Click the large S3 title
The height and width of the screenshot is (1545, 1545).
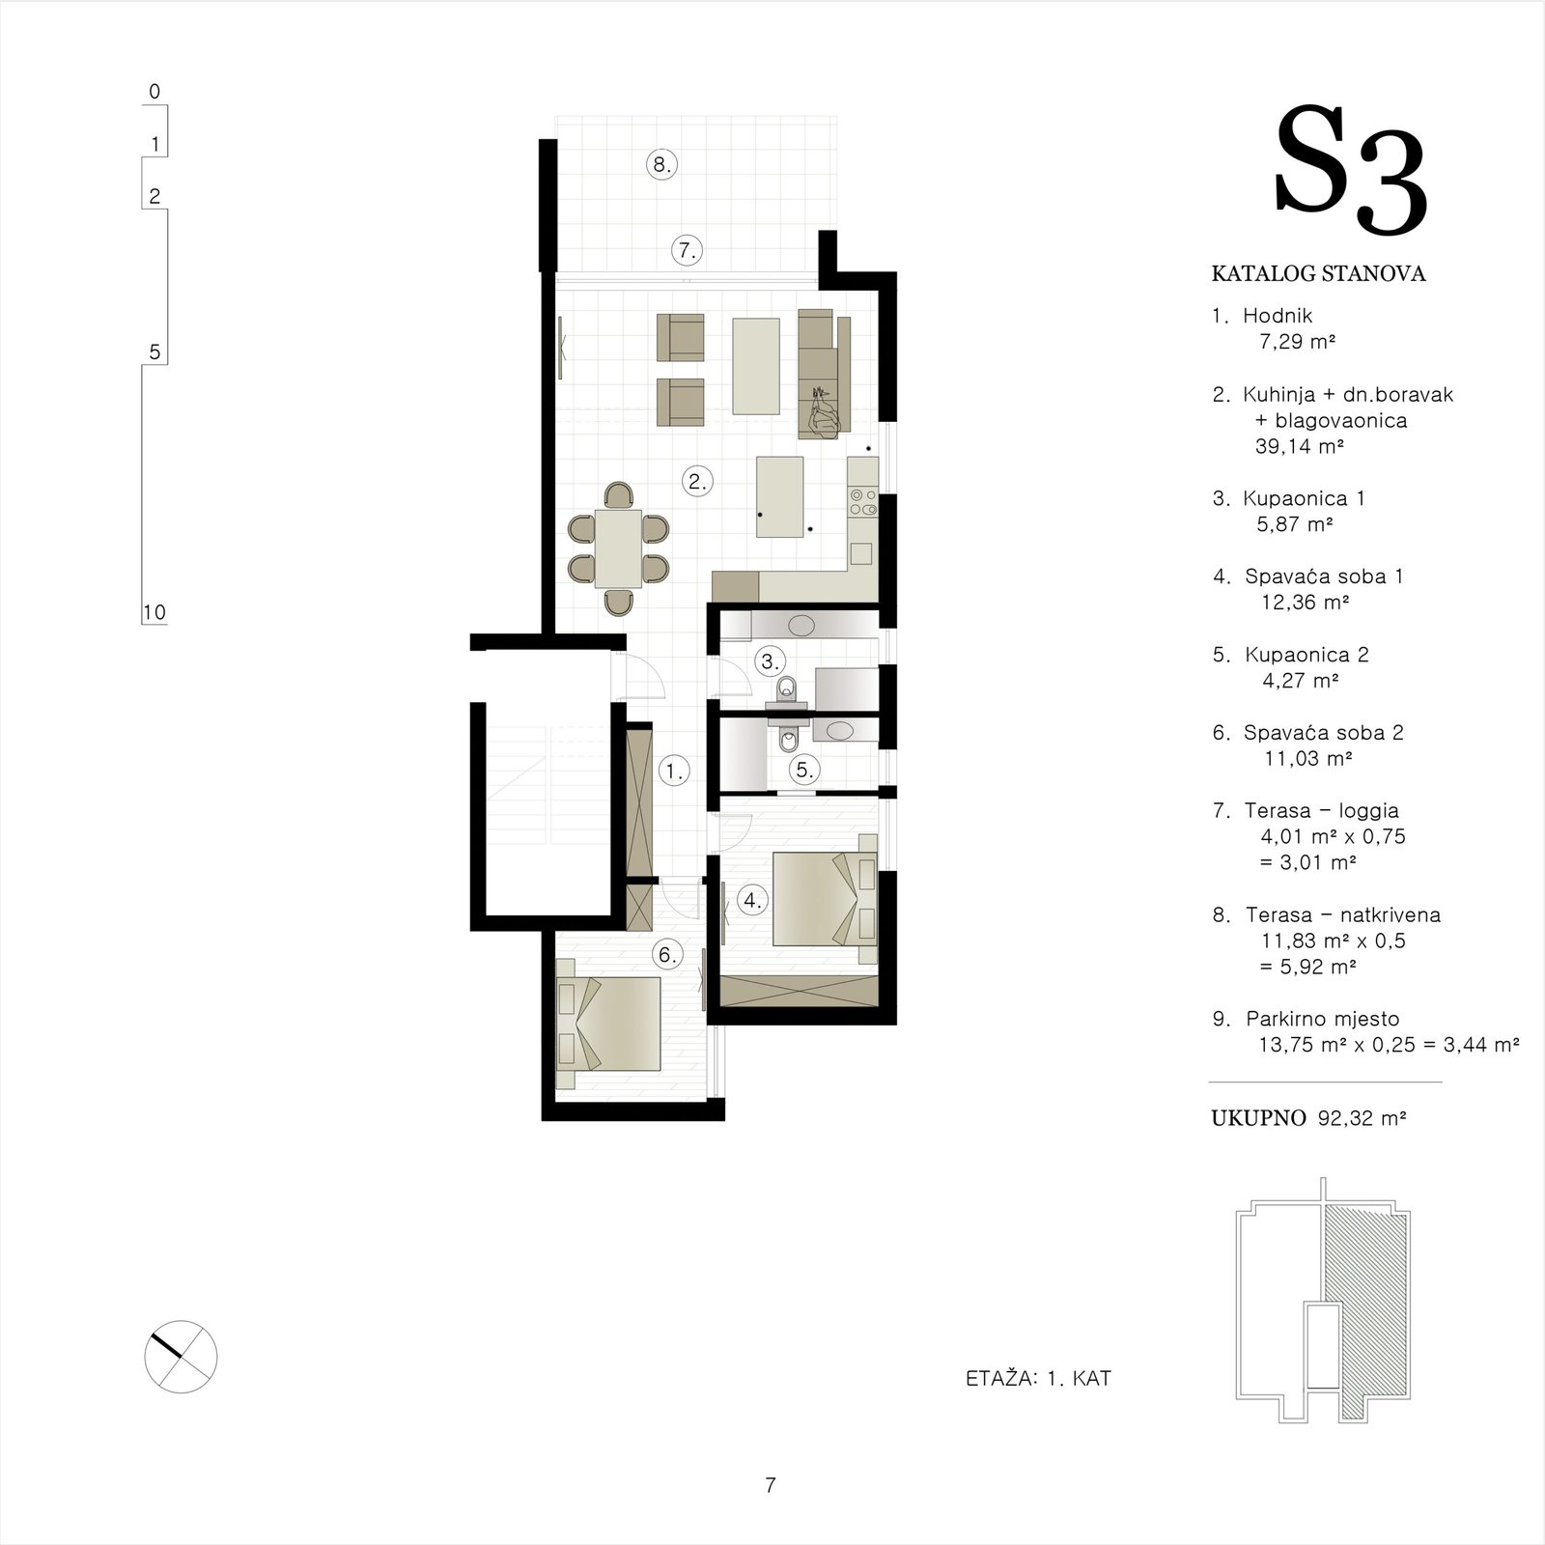pyautogui.click(x=1350, y=174)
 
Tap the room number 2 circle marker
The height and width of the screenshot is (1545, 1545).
pyautogui.click(x=697, y=481)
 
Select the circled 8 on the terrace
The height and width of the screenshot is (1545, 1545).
pyautogui.click(x=661, y=164)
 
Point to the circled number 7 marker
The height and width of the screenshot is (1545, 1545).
pyautogui.click(x=687, y=251)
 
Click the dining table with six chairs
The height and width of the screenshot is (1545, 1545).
pyautogui.click(x=619, y=548)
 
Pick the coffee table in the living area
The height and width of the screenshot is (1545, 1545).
pyautogui.click(x=756, y=366)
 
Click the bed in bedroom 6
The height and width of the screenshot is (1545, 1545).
pyautogui.click(x=609, y=1024)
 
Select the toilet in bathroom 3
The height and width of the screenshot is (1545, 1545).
pyautogui.click(x=788, y=688)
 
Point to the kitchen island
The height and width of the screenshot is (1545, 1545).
pyautogui.click(x=780, y=497)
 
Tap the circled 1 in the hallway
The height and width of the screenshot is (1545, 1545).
pyautogui.click(x=674, y=771)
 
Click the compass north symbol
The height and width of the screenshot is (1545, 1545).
pyautogui.click(x=181, y=1356)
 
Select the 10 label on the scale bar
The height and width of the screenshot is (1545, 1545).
pyautogui.click(x=154, y=612)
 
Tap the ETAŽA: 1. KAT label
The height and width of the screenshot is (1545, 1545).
pyautogui.click(x=1038, y=1378)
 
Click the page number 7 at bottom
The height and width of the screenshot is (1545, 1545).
pyautogui.click(x=771, y=1485)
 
